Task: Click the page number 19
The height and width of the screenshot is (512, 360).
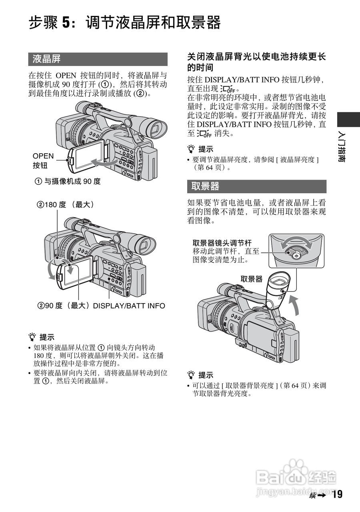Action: tap(337, 495)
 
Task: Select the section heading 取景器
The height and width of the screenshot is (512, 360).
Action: tap(205, 186)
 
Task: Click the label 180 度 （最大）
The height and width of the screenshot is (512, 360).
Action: tap(66, 204)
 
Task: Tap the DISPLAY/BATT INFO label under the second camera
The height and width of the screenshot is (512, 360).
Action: tap(129, 306)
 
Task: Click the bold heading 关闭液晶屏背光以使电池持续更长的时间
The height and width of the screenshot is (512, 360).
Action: tap(256, 62)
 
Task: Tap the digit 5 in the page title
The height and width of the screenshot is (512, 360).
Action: tap(67, 23)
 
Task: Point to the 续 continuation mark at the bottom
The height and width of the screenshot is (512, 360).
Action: tap(313, 496)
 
